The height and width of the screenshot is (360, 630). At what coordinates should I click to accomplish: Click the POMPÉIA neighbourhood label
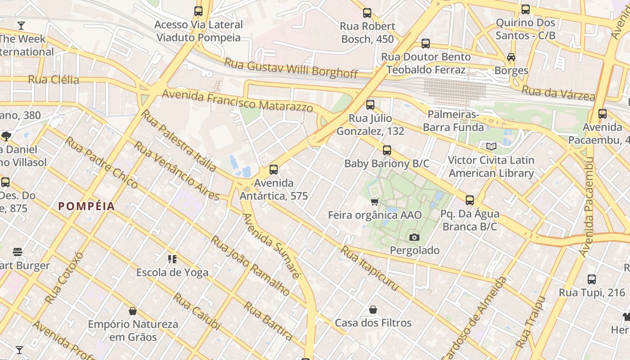point(86,207)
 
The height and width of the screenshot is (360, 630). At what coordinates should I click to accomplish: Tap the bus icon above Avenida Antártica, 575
point(273,170)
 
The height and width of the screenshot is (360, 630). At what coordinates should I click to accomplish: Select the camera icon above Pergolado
point(414,237)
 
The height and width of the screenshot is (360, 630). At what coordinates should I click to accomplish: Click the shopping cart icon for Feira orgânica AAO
point(374,202)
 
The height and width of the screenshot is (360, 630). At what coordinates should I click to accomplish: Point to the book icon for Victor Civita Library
point(491,147)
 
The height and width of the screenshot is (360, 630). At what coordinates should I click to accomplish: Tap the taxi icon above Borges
point(511,57)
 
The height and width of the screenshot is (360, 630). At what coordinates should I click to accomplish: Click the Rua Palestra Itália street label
point(178,140)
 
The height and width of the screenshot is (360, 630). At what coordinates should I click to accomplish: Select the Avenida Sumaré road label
point(270,246)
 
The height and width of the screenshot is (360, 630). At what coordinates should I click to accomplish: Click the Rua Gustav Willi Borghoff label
point(291,67)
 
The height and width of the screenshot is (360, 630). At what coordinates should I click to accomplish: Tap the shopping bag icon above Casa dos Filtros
point(373,310)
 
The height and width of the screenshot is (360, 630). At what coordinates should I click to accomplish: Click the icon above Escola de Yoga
point(172,259)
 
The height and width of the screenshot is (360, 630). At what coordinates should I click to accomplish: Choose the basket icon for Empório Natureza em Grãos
point(133,311)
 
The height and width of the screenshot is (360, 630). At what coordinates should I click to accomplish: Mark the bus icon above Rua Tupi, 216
point(592,279)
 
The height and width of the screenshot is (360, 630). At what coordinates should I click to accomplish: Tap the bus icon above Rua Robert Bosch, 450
point(367,13)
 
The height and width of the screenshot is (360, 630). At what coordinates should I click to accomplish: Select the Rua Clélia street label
point(54,80)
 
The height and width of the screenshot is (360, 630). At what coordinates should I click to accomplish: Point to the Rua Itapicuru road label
point(369,268)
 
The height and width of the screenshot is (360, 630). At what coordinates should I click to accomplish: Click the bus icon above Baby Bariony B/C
point(387,150)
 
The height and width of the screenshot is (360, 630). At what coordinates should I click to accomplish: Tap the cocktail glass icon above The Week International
point(21,26)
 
